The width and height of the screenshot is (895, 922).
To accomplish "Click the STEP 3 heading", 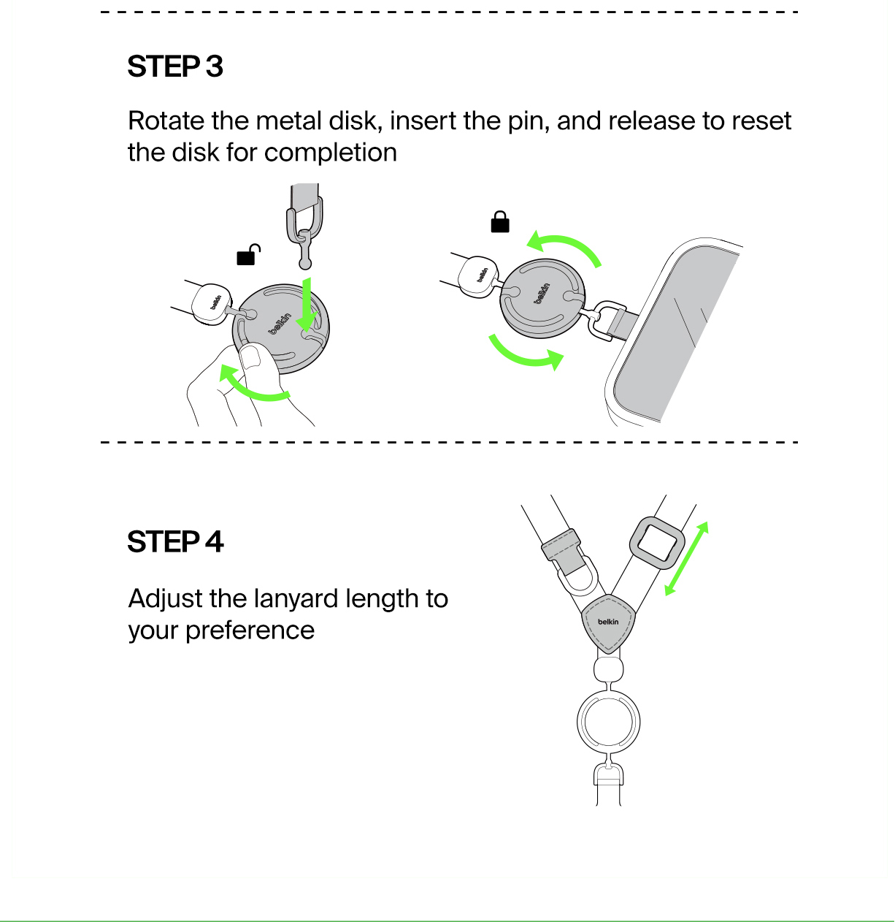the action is coord(174,66).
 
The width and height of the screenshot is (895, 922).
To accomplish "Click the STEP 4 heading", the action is coord(175,541).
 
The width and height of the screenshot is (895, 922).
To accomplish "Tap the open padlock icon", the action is coord(248,254).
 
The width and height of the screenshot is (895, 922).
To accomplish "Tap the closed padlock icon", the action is coord(500,222).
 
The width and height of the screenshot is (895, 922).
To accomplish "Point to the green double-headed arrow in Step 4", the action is coord(687,559).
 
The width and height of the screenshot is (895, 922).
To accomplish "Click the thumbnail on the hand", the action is coord(250,357).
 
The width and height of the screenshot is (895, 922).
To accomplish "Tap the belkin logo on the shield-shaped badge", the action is coord(608,622).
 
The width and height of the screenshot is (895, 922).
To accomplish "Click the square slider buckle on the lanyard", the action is coord(657,543).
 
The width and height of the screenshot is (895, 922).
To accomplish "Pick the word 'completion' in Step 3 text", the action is coord(330,153).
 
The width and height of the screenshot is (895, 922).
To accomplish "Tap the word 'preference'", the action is coord(250,630).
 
